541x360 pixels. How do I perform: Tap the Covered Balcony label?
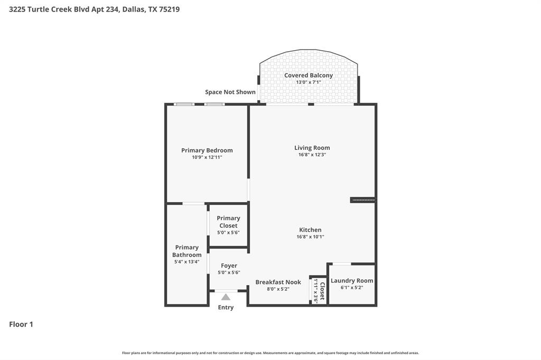[x=309, y=75]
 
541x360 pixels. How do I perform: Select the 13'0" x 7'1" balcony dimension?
[x=309, y=83]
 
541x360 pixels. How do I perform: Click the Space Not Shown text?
[x=230, y=92]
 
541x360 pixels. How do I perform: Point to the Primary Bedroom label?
[x=207, y=150]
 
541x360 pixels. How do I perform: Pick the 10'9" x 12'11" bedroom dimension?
[x=207, y=157]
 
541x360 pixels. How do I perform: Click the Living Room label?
[x=312, y=148]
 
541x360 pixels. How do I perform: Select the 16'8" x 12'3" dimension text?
[x=312, y=155]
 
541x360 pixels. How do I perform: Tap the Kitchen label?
[x=310, y=230]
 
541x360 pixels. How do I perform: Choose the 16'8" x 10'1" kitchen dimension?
[x=310, y=237]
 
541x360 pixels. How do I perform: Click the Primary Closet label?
[x=228, y=222]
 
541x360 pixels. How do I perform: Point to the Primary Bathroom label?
[x=187, y=251]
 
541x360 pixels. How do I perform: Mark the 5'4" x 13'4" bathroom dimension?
[x=187, y=262]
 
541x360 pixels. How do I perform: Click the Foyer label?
[x=229, y=266]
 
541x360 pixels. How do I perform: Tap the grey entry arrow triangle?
[x=226, y=297]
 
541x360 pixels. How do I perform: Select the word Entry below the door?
[x=226, y=308]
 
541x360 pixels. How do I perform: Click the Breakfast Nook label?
[x=278, y=282]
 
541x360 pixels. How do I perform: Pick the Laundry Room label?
[x=352, y=281]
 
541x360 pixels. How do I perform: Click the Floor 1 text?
[x=21, y=325]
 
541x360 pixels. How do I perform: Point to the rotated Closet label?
[x=322, y=290]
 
